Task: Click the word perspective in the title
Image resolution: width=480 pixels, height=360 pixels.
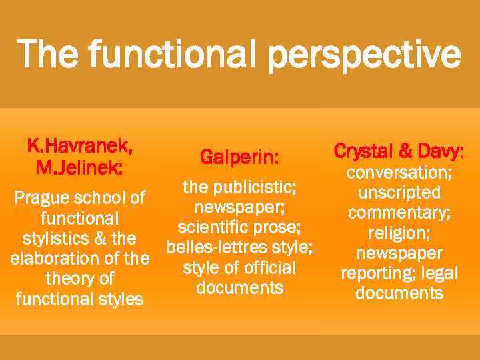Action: (365, 55)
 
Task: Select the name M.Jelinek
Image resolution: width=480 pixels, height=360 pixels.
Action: (79, 165)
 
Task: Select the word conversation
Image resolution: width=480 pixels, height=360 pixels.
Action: (399, 173)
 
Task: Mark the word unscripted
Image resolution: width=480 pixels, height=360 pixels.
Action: (399, 193)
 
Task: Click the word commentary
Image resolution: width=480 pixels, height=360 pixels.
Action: (399, 213)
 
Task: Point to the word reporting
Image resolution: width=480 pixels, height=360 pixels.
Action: (377, 273)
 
